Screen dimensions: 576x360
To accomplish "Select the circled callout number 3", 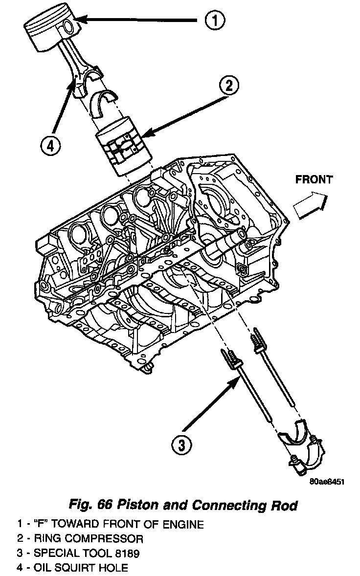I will point(181,444).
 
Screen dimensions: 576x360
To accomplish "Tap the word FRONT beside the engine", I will point(314,179).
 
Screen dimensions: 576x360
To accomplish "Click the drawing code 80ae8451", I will point(327,482).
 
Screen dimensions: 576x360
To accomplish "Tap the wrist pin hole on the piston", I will point(68,25).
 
